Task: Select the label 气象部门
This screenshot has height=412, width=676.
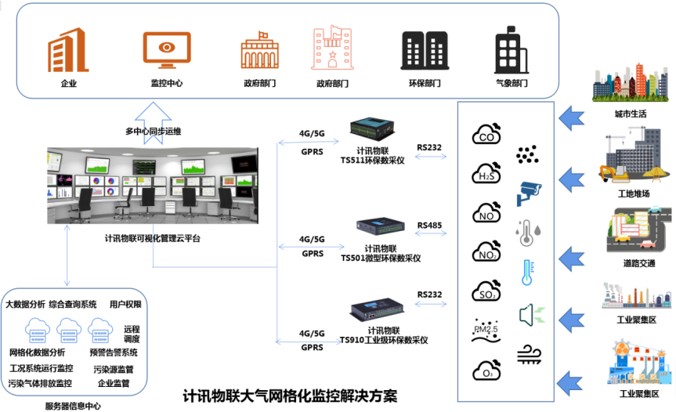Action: click(x=512, y=82)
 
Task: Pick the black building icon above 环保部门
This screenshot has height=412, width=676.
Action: click(x=424, y=51)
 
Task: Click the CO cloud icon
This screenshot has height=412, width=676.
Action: click(x=486, y=134)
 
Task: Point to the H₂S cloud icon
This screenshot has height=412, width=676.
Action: click(x=486, y=172)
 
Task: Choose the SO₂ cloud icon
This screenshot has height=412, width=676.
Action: click(x=486, y=291)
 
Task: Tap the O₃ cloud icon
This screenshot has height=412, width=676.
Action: click(x=486, y=368)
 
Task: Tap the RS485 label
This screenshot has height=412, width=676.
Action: click(x=429, y=226)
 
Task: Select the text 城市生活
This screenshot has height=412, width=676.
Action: click(x=631, y=114)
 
